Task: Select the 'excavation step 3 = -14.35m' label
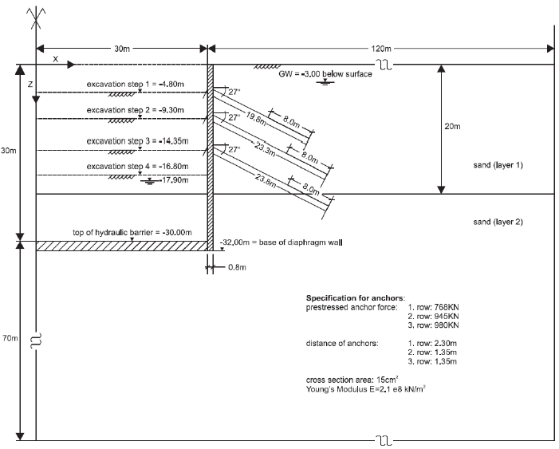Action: click(137, 141)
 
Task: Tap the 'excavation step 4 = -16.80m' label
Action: click(137, 167)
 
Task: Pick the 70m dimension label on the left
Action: click(10, 339)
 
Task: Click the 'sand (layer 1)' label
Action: click(498, 165)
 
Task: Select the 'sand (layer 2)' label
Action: click(498, 222)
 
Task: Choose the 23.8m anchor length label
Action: click(266, 179)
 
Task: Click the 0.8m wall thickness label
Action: click(237, 267)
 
